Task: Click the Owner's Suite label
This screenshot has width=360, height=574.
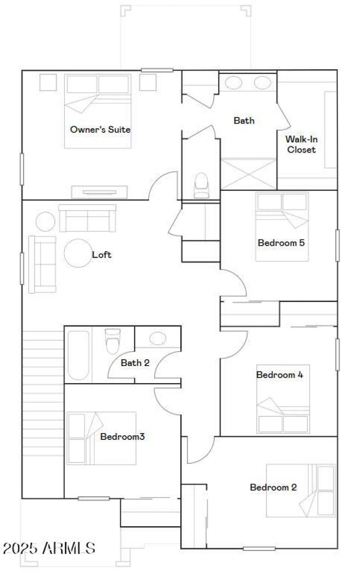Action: point(100,130)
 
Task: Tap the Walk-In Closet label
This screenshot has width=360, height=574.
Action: point(301,145)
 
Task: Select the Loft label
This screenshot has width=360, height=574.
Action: point(102,255)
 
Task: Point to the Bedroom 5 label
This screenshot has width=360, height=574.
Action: point(281,243)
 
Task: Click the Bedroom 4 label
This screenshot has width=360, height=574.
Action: point(280,375)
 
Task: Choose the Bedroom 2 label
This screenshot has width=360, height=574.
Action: point(274,487)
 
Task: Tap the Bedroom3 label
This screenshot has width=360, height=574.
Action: point(122,436)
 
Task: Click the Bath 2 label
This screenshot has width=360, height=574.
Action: point(135,362)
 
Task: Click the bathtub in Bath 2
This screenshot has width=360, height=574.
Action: point(78,355)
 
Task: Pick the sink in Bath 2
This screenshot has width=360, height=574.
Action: point(157,339)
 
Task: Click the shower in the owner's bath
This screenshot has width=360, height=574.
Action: point(248,174)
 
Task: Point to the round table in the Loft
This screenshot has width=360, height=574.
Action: point(78,253)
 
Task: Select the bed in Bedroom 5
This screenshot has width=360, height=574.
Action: point(282,226)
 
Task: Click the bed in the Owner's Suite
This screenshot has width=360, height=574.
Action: point(98,111)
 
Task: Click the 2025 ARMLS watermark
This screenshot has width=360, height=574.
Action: point(49,548)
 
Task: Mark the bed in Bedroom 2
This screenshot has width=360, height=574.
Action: point(301,490)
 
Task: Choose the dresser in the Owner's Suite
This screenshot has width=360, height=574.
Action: point(99,192)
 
